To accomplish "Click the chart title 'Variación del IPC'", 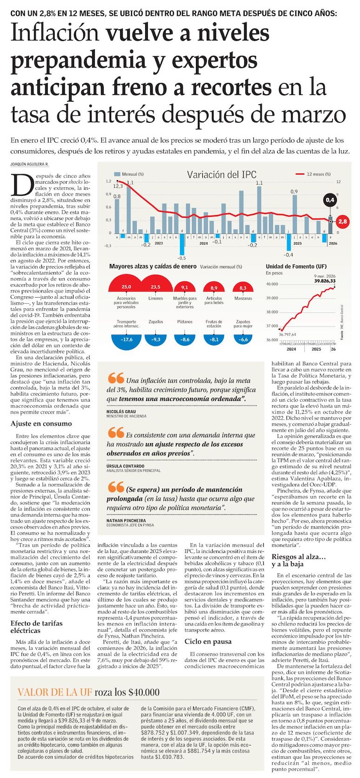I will (221, 175).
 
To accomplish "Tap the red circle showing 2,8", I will (343, 222).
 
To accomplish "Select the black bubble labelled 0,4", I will (330, 200).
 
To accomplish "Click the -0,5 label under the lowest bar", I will (181, 258).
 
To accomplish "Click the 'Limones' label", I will (155, 299).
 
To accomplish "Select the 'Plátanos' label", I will (185, 322).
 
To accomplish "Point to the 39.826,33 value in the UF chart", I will (325, 281).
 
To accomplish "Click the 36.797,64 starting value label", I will (287, 334).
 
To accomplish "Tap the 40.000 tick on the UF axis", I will (272, 284).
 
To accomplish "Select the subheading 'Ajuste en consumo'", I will (41, 424).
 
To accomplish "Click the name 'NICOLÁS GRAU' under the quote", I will (121, 412).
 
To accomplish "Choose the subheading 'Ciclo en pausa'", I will (208, 641).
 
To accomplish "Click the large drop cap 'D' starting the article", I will (20, 185).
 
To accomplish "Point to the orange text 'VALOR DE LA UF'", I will (54, 692).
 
